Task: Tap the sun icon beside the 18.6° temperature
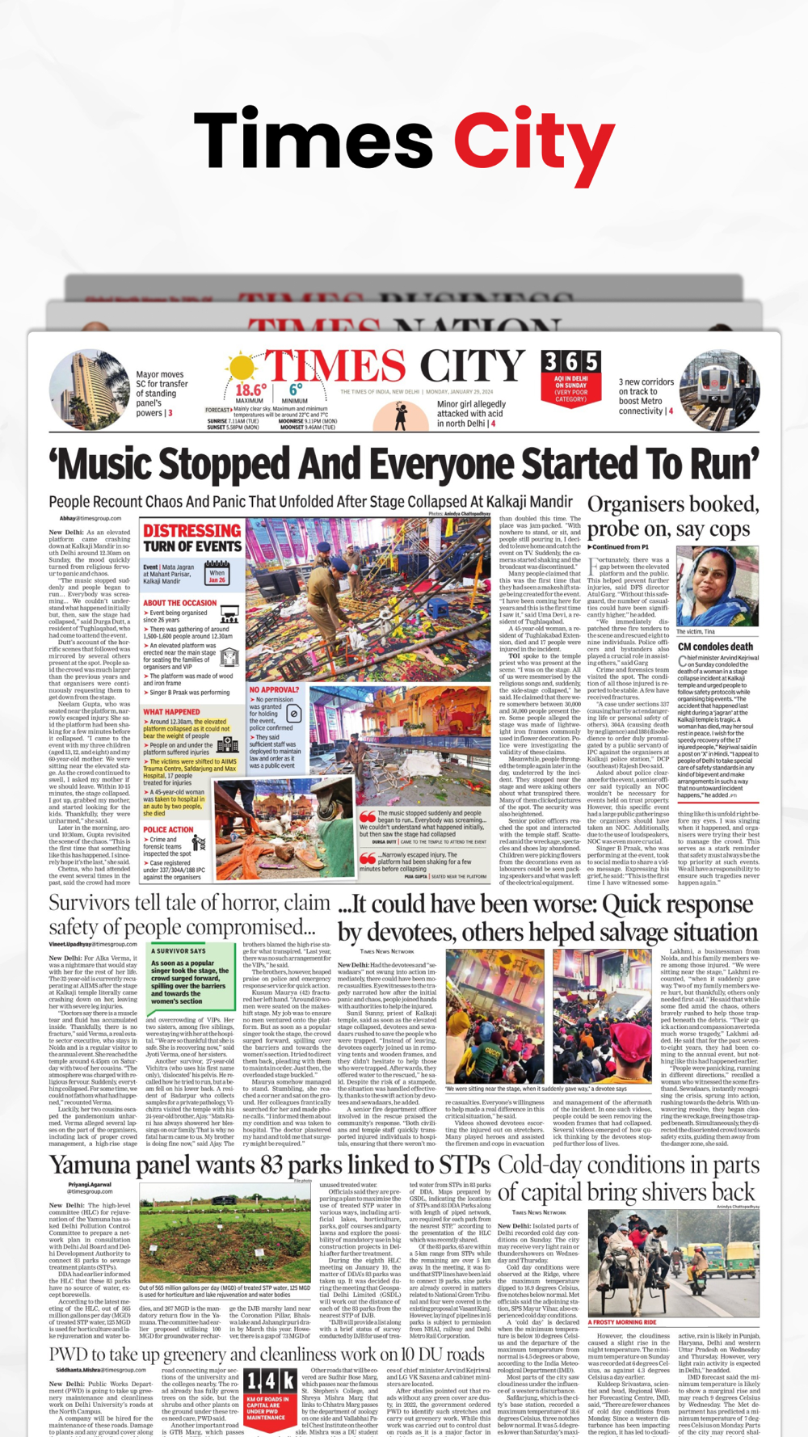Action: click(240, 369)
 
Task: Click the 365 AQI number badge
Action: click(570, 363)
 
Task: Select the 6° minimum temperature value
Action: click(296, 389)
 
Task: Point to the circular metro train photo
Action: click(718, 390)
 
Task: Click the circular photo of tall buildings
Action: click(89, 389)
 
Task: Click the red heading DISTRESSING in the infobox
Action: click(191, 531)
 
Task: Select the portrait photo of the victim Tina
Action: click(717, 586)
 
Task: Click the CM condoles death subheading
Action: click(715, 647)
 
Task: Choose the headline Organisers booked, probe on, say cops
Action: click(672, 516)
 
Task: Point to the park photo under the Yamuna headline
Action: click(225, 1233)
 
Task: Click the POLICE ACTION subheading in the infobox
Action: click(168, 829)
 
